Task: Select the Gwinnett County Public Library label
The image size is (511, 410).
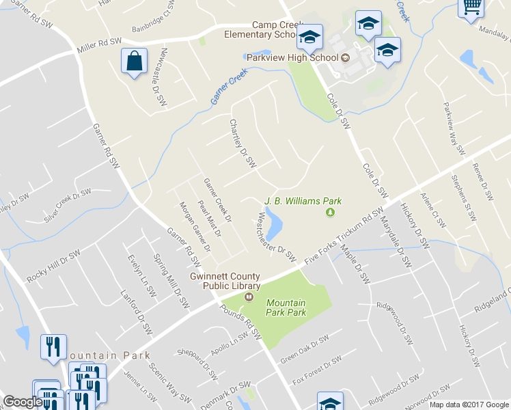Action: (x=226, y=282)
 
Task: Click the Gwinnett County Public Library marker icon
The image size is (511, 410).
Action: (x=249, y=297)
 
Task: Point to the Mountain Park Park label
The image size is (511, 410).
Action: (x=286, y=307)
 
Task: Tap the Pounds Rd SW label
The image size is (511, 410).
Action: (x=240, y=320)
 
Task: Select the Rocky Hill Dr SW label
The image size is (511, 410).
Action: (x=54, y=267)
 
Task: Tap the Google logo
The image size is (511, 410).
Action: (x=23, y=402)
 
